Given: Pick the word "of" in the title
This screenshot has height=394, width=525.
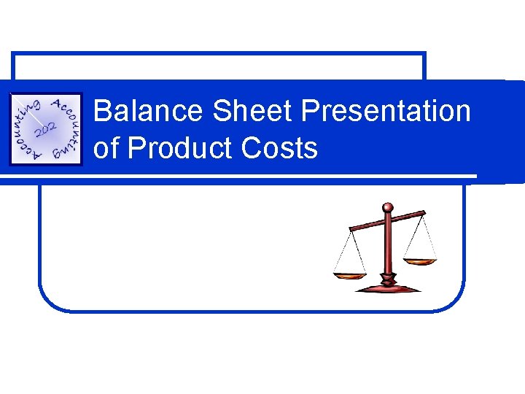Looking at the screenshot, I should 106,148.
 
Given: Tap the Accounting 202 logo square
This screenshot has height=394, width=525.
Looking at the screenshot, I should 45,129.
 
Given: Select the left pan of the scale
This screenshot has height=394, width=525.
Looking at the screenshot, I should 349,275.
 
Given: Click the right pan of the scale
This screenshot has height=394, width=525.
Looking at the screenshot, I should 420,260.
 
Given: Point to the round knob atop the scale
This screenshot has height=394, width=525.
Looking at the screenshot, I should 387,207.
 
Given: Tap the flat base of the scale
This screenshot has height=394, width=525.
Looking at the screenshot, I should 388,287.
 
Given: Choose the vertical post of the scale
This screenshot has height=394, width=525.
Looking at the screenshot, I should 388,248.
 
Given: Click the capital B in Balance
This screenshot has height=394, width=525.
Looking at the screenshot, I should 103,112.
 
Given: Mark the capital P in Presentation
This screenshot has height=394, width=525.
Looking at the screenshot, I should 309,112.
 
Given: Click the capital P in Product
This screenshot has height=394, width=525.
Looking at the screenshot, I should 136,148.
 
